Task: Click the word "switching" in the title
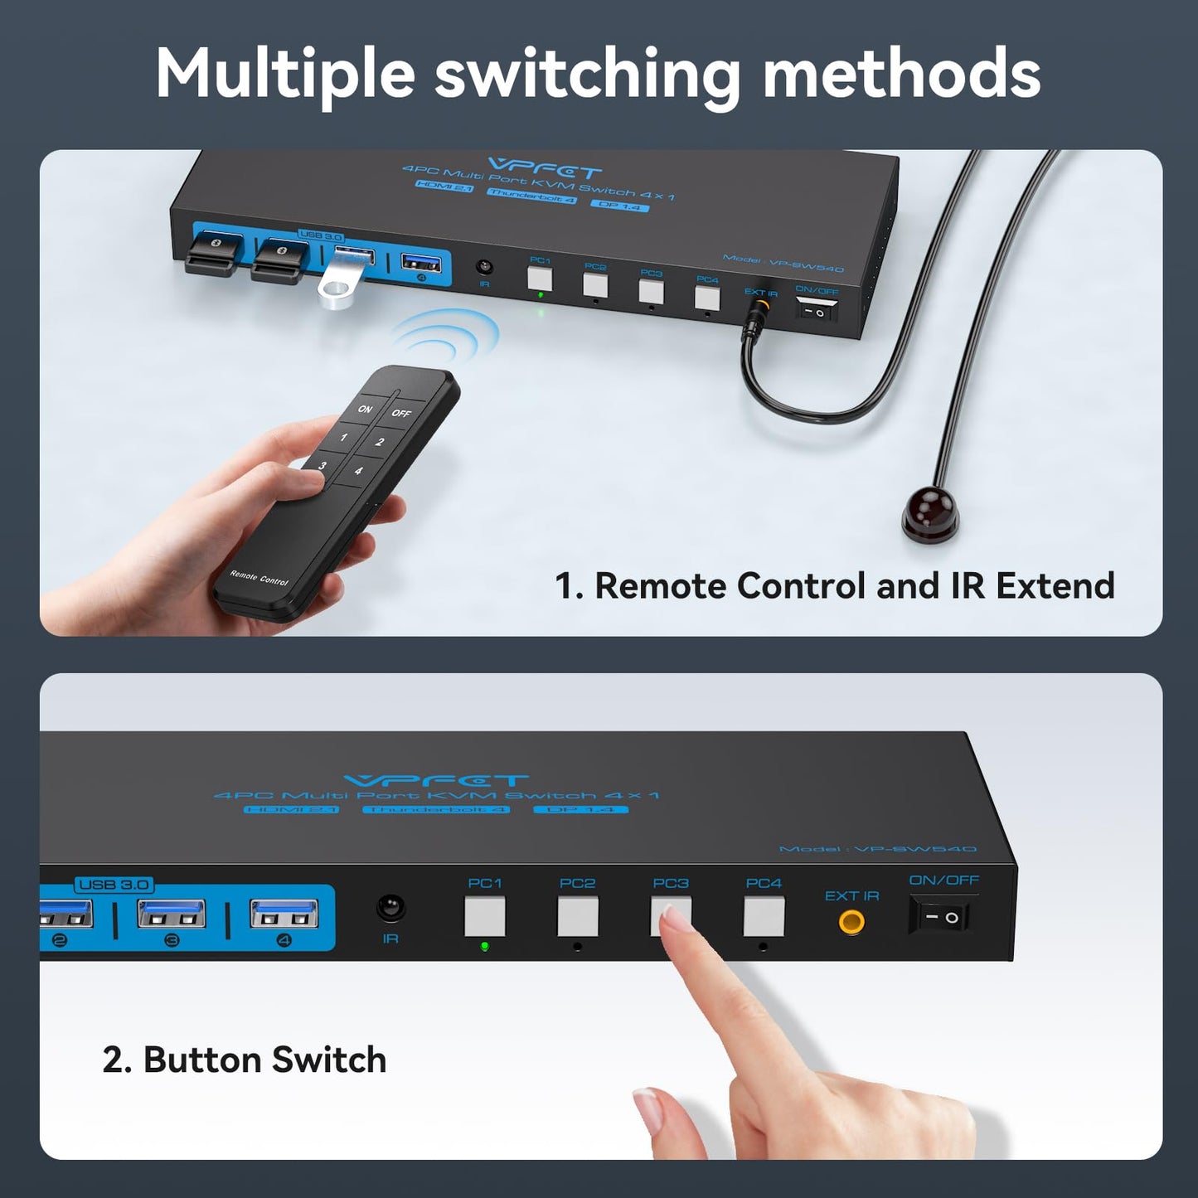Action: click(x=587, y=75)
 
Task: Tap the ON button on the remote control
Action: click(x=366, y=409)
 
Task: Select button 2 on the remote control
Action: click(x=380, y=442)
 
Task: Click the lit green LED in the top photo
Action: click(x=541, y=294)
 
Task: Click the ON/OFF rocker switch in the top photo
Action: click(x=817, y=310)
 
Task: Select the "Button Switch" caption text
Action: click(x=245, y=1060)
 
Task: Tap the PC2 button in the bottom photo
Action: click(x=578, y=916)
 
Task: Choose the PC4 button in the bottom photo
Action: click(x=764, y=916)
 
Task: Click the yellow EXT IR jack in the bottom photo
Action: click(x=851, y=922)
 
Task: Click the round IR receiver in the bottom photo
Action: click(x=390, y=908)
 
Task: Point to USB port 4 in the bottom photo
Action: click(x=284, y=913)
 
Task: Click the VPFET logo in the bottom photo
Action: click(x=436, y=781)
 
